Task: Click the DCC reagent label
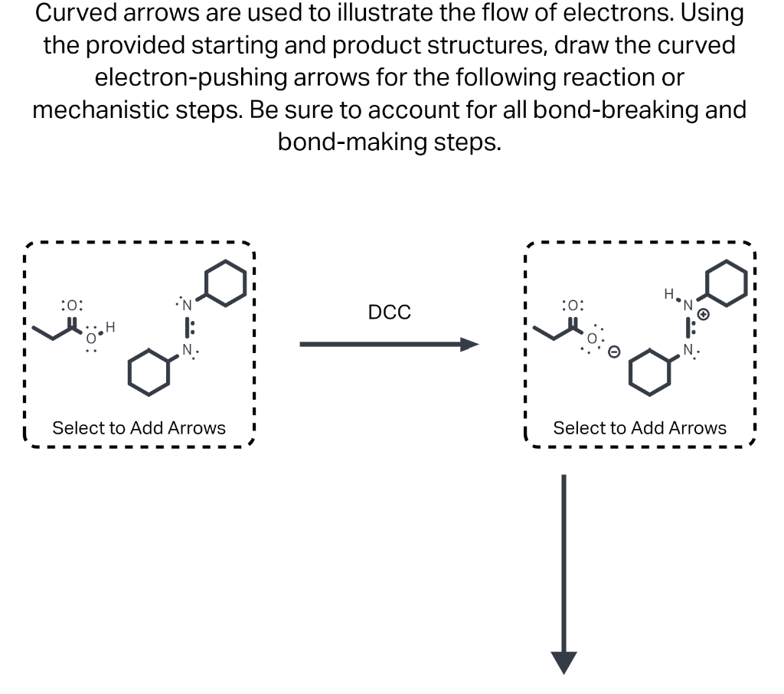[x=389, y=313]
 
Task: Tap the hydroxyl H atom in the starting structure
[x=109, y=327]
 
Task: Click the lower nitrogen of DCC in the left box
[x=186, y=353]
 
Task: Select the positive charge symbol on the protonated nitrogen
[x=705, y=314]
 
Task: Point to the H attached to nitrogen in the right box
[x=668, y=293]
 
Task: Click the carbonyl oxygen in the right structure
[x=573, y=305]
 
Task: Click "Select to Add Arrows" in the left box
[x=139, y=427]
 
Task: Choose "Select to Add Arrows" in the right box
[x=639, y=427]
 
